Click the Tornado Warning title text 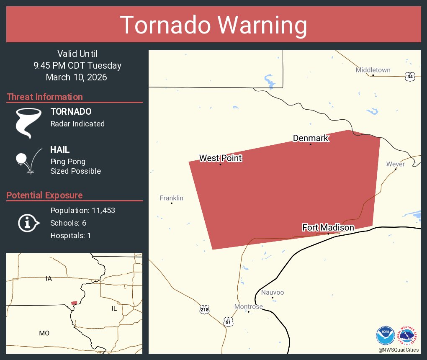(213, 25)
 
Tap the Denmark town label (310, 138)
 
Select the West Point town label (220, 158)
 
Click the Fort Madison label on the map (328, 227)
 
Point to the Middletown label (373, 70)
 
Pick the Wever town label (395, 164)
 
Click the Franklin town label (171, 198)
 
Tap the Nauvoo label (272, 292)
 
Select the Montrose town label (248, 306)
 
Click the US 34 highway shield (410, 76)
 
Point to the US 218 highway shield (204, 309)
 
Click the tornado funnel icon (28, 123)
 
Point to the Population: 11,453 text (82, 211)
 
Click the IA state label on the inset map (49, 278)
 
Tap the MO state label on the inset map (44, 333)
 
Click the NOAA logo (385, 335)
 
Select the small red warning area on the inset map (74, 303)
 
